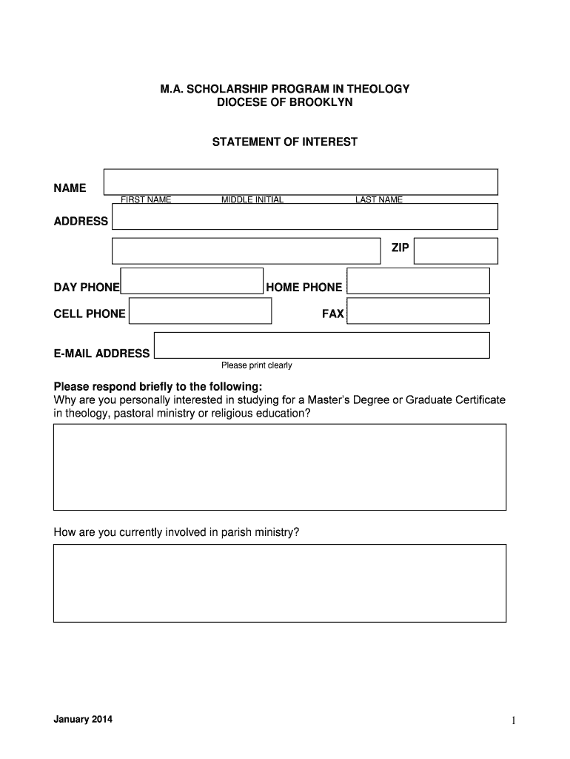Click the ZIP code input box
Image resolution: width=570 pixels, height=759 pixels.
(x=455, y=251)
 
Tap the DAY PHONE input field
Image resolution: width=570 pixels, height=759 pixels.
(x=192, y=281)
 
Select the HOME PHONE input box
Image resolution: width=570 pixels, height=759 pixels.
(x=418, y=281)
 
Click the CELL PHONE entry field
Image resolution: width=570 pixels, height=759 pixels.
(x=200, y=311)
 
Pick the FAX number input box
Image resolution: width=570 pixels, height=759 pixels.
(x=418, y=311)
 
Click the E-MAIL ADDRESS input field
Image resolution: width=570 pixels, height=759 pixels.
(x=322, y=345)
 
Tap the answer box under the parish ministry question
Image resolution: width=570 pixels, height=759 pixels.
(x=280, y=583)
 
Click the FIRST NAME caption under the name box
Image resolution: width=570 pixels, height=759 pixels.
(x=146, y=200)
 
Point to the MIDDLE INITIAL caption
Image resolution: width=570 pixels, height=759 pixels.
(x=252, y=200)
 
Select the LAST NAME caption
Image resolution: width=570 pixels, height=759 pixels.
(x=378, y=200)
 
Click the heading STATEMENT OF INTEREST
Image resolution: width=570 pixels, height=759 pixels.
(x=285, y=142)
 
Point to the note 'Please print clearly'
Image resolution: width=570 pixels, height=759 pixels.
(x=257, y=365)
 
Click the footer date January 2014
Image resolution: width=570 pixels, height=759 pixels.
(x=83, y=720)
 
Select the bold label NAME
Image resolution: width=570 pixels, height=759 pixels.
(x=70, y=188)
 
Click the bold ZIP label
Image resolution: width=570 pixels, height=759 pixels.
(x=400, y=248)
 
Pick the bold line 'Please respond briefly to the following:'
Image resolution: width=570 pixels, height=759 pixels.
(x=158, y=387)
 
